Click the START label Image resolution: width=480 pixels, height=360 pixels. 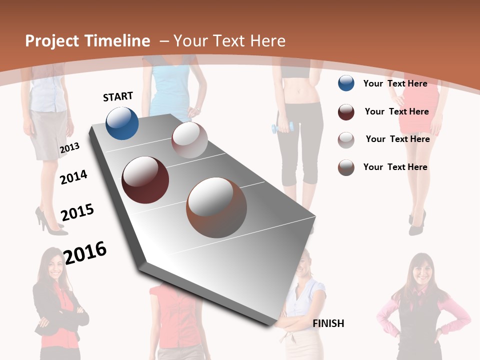[x=118, y=96]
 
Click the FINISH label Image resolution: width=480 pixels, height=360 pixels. [x=328, y=323]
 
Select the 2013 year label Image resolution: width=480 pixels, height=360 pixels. [x=69, y=148]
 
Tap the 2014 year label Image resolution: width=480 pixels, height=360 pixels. [x=73, y=177]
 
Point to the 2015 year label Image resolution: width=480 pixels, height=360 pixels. [x=77, y=212]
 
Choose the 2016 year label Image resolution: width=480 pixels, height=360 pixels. [x=85, y=252]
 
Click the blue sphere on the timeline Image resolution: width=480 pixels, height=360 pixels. [x=122, y=123]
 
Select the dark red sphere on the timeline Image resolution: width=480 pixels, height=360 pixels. [x=145, y=180]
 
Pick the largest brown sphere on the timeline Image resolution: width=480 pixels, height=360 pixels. [x=216, y=207]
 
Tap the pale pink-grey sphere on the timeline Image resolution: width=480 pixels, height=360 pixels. [x=189, y=140]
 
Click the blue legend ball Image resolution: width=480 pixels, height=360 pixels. [x=346, y=83]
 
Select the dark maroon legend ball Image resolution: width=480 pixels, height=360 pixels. [x=346, y=112]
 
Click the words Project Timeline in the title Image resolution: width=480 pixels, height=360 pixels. [x=87, y=41]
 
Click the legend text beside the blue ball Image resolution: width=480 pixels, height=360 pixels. [x=395, y=83]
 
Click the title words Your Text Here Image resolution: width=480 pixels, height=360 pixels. [x=229, y=41]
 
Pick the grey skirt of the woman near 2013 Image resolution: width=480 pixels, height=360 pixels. [x=49, y=134]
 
